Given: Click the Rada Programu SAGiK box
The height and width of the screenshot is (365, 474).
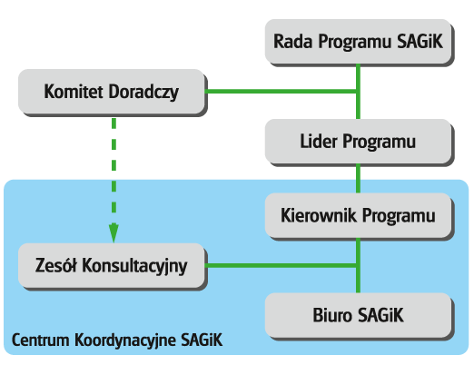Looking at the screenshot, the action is click(360, 43).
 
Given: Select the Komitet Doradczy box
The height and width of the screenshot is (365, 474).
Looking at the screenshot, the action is click(113, 93).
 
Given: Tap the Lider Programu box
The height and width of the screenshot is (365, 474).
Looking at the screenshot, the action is click(360, 143).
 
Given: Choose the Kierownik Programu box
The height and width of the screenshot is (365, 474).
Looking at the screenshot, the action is click(360, 216).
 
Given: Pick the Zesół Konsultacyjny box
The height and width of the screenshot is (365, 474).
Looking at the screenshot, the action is click(113, 266).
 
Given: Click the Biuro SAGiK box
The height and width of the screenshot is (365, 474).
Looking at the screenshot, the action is click(360, 316).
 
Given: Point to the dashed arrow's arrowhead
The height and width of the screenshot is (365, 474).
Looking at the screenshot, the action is click(114, 233).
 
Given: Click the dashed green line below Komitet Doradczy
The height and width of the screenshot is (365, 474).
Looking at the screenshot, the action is click(114, 180).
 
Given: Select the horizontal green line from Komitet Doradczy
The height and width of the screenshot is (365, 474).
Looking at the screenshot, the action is click(281, 92).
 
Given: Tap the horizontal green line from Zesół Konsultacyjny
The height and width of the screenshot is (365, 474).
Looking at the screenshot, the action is click(281, 266).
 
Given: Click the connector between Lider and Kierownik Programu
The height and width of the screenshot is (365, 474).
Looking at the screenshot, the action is click(358, 179).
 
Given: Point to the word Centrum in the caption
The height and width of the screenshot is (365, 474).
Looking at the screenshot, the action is click(41, 340).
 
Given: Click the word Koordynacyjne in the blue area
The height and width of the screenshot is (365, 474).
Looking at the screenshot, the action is click(125, 340).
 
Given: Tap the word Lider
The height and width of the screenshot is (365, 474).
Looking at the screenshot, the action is click(319, 142).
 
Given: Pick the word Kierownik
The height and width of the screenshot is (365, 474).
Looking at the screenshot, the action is click(319, 215).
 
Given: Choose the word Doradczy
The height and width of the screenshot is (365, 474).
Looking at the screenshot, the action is click(143, 93).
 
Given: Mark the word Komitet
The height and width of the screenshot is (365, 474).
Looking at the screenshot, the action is click(74, 92).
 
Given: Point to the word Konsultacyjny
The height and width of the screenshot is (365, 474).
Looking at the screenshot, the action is click(134, 267).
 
